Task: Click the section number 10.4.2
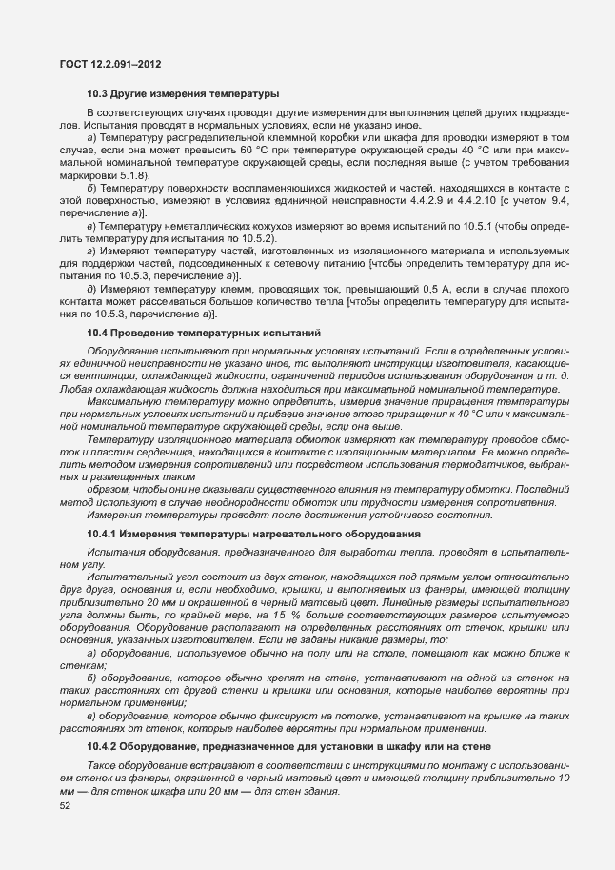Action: click(104, 745)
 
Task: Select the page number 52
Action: click(65, 806)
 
